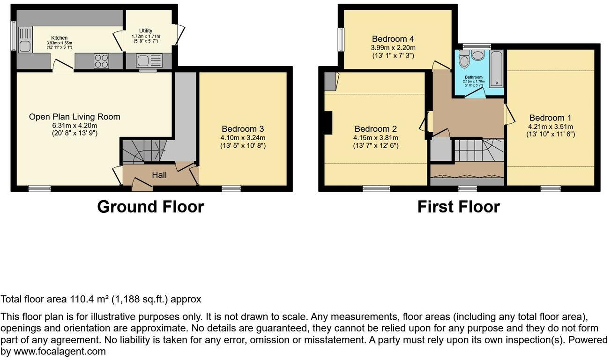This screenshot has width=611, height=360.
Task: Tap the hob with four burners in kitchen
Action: [102, 61]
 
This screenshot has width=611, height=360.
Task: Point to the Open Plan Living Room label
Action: [75, 117]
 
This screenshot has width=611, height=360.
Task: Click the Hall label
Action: [159, 175]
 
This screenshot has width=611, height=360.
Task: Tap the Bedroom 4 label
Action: [393, 39]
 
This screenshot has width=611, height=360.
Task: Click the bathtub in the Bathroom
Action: [496, 68]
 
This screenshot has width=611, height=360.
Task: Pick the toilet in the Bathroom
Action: [464, 60]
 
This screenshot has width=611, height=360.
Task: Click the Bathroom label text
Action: [473, 77]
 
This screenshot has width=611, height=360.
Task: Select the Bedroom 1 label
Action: [551, 118]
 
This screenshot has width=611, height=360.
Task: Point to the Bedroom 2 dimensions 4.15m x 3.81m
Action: [376, 137]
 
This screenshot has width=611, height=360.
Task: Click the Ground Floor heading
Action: [150, 207]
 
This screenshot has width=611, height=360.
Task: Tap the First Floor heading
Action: [458, 207]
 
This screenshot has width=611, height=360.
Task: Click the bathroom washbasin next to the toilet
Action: [479, 56]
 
